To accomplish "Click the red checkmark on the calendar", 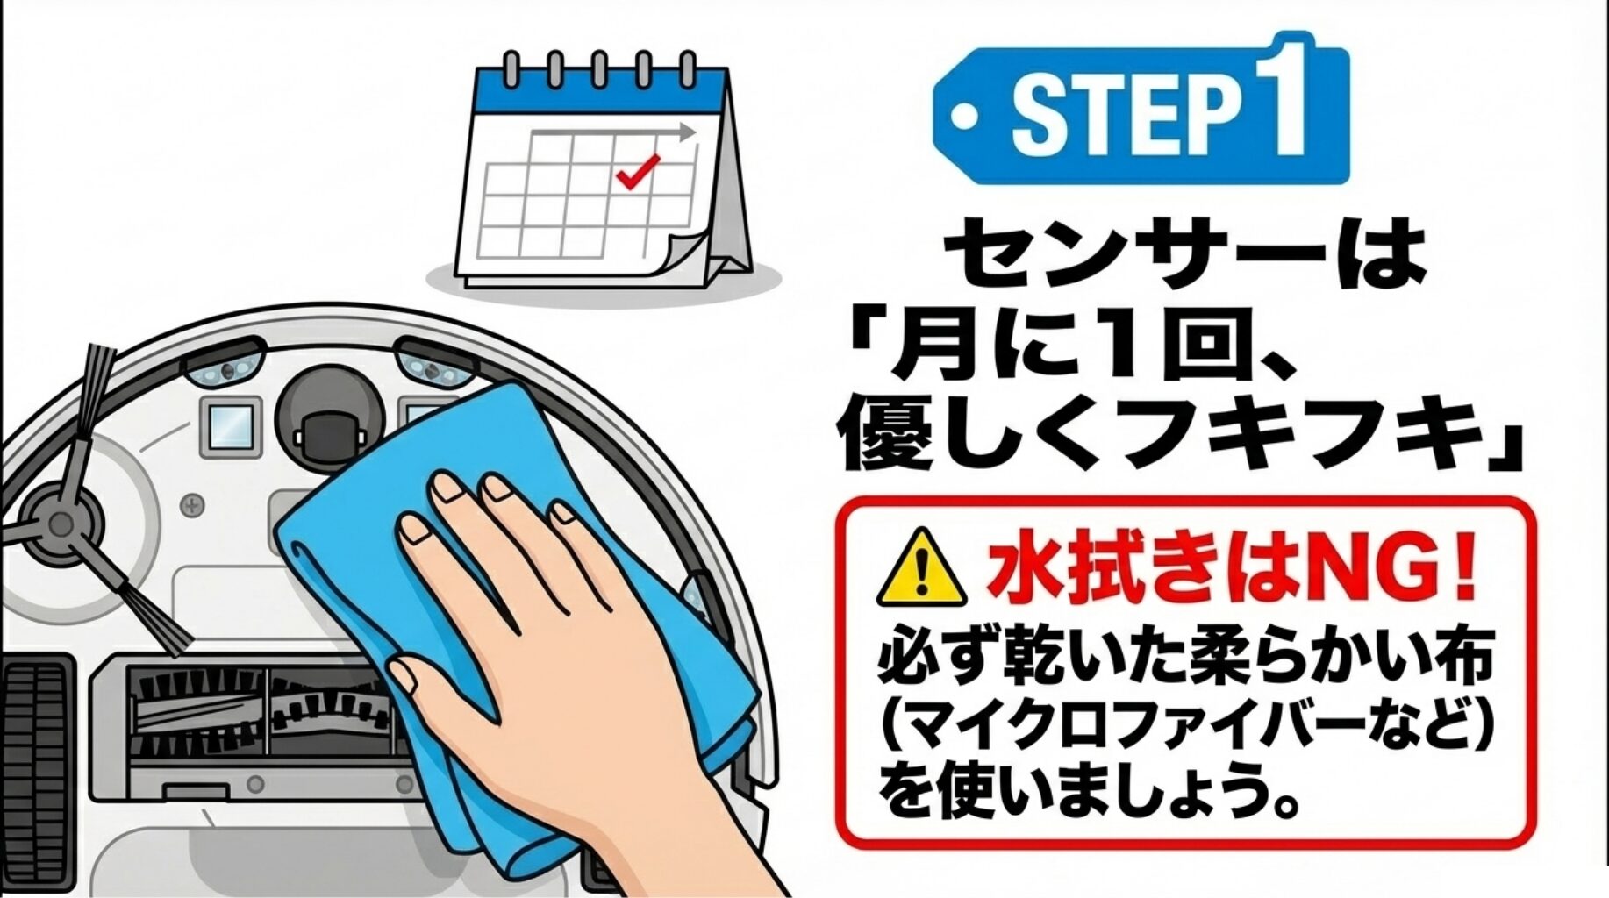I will [638, 171].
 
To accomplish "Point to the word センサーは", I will [1184, 254].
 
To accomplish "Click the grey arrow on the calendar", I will [614, 132].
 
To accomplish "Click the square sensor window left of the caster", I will [232, 427].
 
